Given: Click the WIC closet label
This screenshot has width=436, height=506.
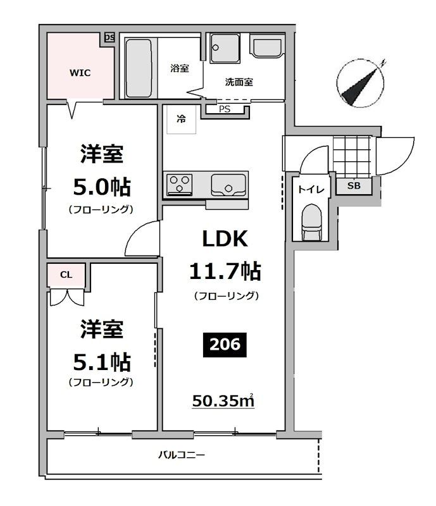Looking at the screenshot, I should (80, 73).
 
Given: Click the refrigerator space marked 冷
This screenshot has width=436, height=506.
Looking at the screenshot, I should (182, 119).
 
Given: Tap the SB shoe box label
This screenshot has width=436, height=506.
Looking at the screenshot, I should (353, 186).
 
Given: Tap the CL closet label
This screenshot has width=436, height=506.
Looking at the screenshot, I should (65, 275).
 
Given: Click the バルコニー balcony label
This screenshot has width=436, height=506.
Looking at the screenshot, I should (182, 455).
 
